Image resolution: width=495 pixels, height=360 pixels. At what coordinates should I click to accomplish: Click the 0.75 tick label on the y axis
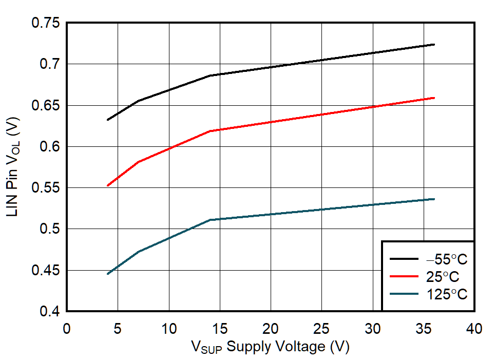coord(45,23)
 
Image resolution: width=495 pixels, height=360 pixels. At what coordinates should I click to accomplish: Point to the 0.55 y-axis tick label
coord(45,188)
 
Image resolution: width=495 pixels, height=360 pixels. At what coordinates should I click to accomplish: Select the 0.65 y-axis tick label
coord(45,105)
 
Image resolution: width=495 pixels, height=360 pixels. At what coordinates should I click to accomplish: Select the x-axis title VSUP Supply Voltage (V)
coord(270,347)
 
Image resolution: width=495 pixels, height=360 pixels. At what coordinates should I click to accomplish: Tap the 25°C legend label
coord(443,277)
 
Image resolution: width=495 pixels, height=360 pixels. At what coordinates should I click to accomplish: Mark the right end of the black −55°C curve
coord(434,45)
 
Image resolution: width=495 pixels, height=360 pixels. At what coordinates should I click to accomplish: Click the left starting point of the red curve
coord(107,185)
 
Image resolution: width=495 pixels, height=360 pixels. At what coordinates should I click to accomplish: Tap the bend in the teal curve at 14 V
coord(210,220)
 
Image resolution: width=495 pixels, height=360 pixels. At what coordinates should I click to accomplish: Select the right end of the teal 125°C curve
coord(434,199)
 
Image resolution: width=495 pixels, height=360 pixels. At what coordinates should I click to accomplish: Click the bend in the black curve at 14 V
coord(210,75)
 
